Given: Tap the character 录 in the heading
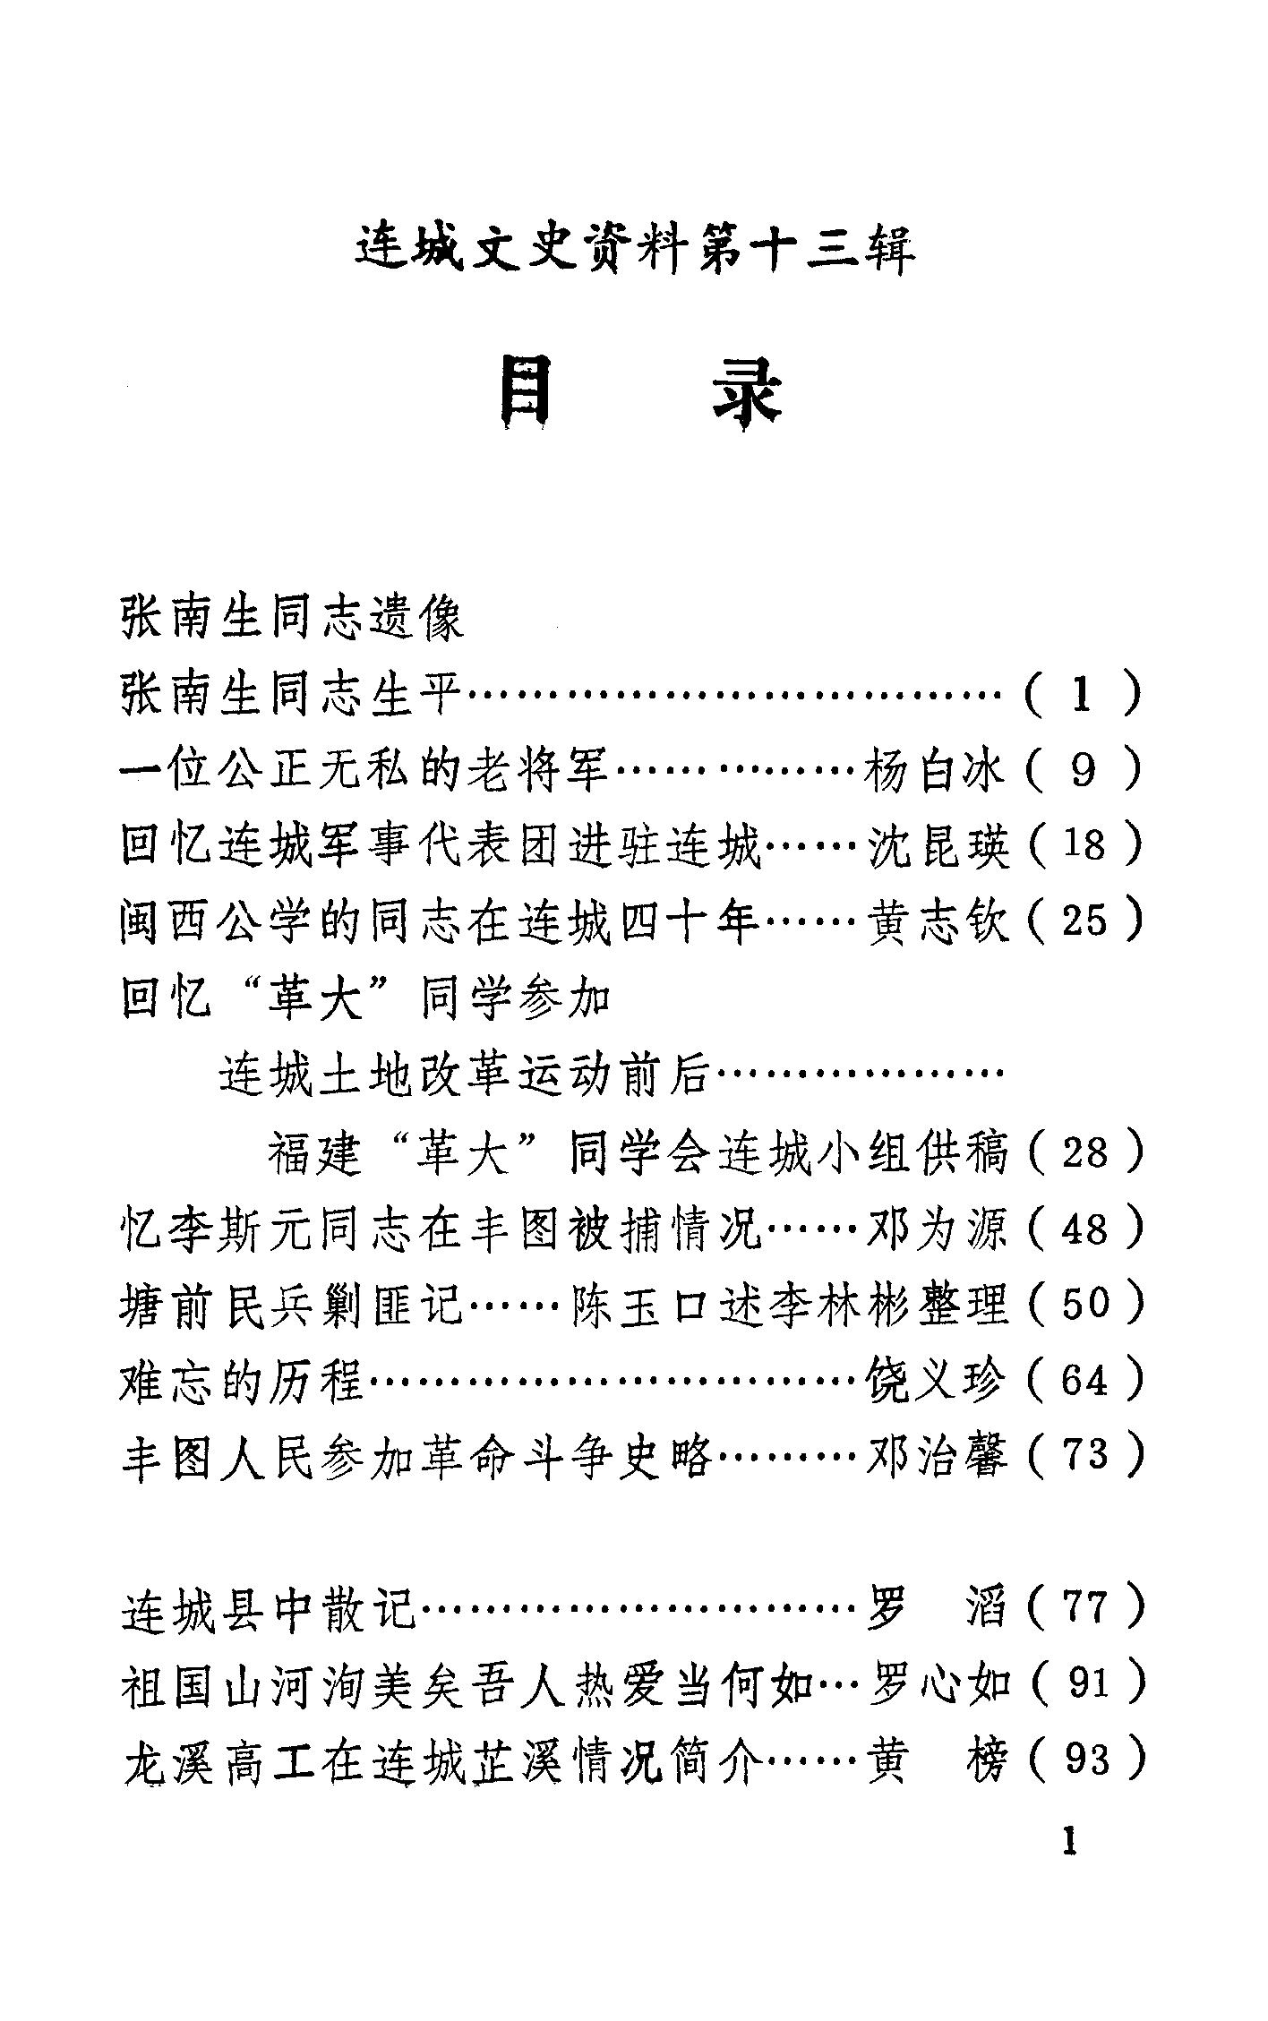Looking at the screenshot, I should coord(746,393).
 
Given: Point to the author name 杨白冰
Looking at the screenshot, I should coord(935,771).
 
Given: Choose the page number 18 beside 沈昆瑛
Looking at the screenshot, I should coord(1084,845).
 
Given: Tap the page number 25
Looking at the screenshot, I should coord(1084,921).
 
